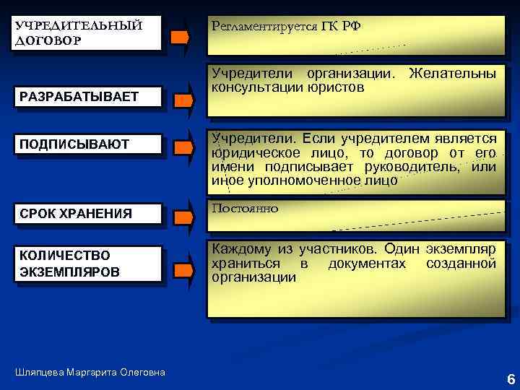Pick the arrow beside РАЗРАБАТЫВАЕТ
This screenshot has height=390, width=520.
click(184, 101)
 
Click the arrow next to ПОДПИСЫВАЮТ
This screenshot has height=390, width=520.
click(184, 148)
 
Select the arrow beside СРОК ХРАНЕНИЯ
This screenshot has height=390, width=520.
click(184, 216)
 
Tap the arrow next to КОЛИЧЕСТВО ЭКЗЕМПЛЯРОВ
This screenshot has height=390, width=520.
click(184, 271)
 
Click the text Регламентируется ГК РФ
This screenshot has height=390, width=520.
click(285, 27)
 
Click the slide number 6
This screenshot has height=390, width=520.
click(511, 379)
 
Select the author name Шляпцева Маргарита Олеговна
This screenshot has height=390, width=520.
click(90, 372)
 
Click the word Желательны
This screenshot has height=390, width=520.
click(452, 74)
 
